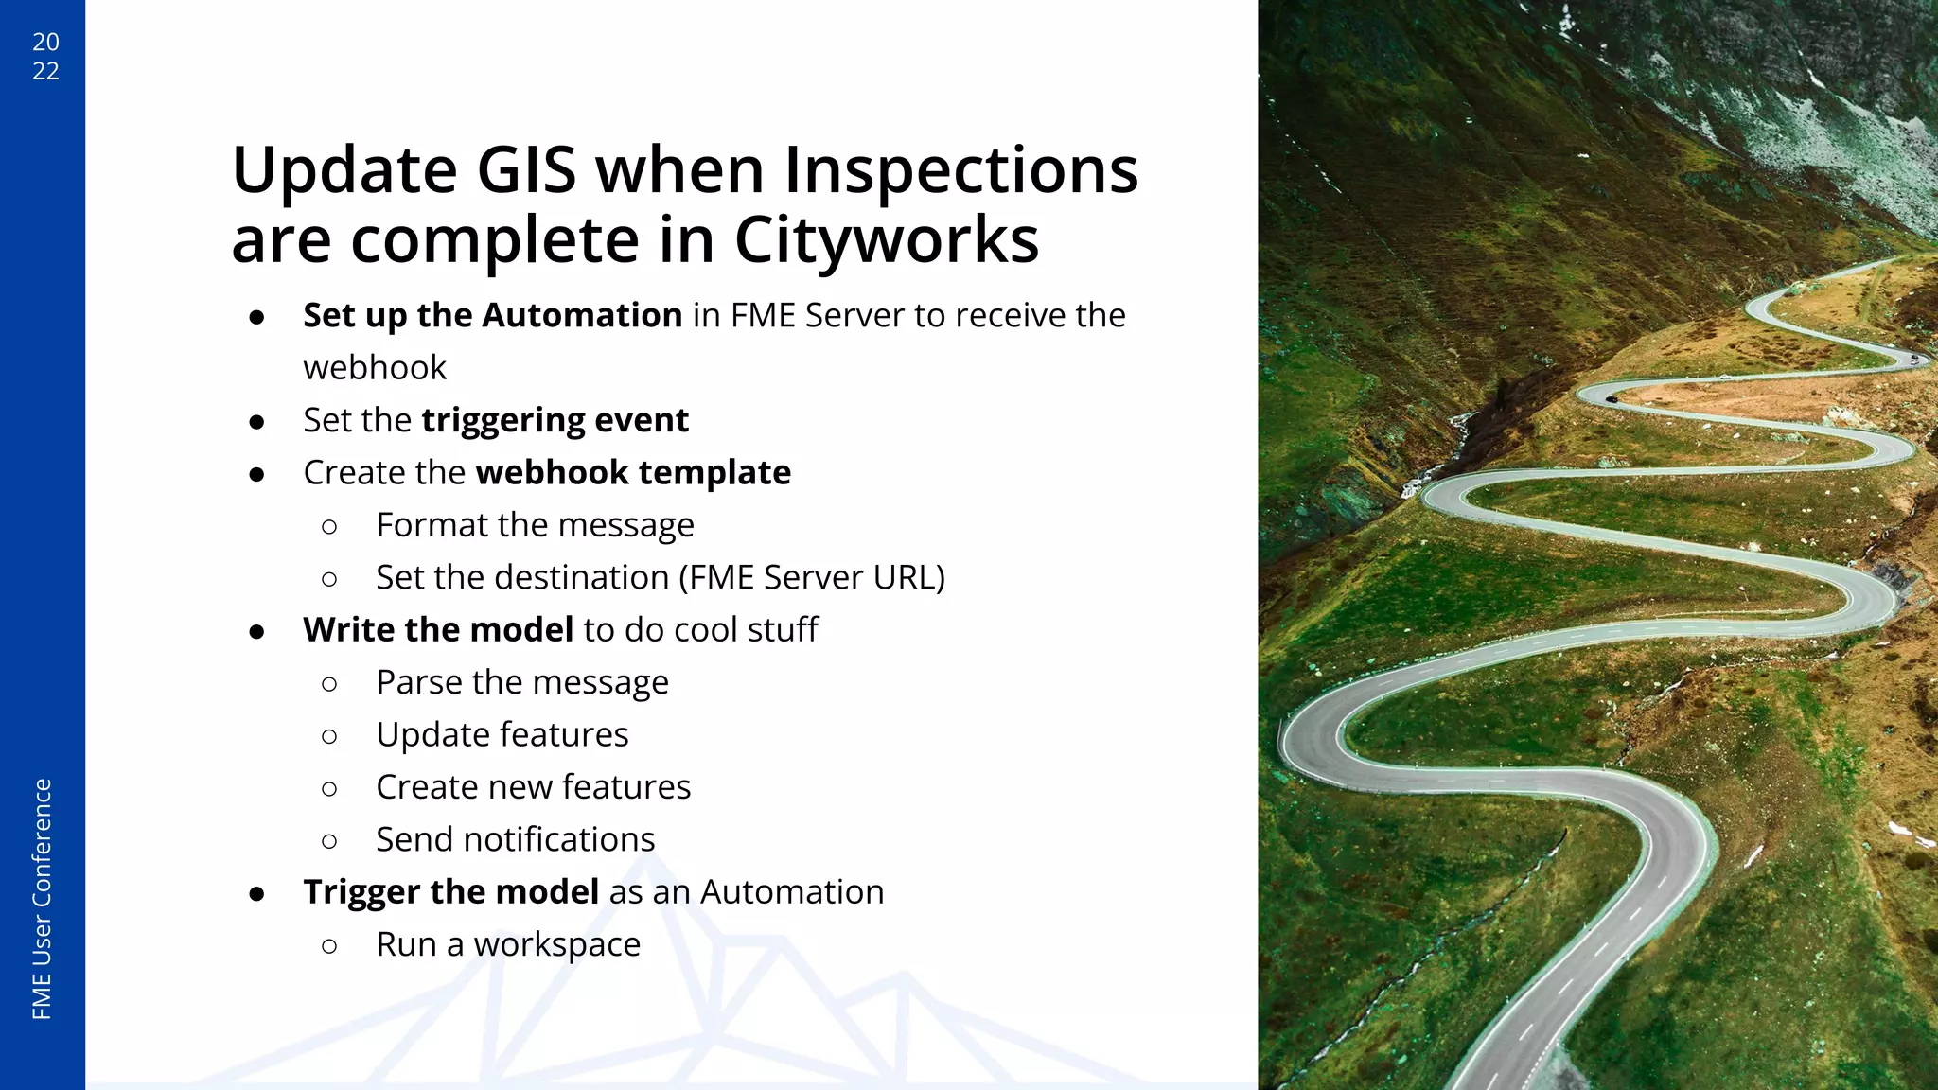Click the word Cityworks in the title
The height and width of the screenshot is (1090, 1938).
tap(886, 240)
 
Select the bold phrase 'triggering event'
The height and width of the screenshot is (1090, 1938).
tap(555, 420)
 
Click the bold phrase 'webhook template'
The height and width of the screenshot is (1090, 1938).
tap(632, 472)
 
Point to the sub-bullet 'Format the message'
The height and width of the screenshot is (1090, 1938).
tap(535, 525)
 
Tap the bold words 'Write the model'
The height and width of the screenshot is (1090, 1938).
tap(438, 630)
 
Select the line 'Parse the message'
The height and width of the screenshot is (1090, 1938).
tap(521, 682)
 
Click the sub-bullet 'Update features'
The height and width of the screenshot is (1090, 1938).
tap(502, 735)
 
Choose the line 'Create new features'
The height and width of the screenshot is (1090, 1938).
tap(533, 787)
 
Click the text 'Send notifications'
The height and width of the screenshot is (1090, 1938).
tap(515, 839)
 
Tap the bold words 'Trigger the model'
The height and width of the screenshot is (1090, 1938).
tap(450, 892)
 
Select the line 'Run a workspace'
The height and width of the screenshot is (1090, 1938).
tap(508, 944)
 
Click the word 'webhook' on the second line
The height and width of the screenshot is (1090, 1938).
tap(375, 368)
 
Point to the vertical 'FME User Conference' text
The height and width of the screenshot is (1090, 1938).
tap(42, 898)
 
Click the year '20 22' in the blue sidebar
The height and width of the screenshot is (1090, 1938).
tap(45, 56)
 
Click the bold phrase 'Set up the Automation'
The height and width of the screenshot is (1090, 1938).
tap(492, 315)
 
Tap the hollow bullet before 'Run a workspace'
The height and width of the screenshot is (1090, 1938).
tap(329, 945)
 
